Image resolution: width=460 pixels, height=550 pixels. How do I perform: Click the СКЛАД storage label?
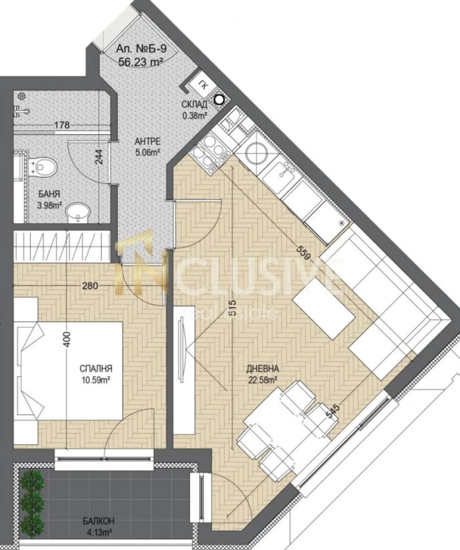tap(194, 104)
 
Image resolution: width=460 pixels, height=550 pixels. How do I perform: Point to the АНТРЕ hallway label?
tap(147, 141)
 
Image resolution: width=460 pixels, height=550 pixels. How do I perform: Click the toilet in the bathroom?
tap(44, 168)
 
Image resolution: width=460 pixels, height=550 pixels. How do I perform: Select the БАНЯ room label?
tap(49, 194)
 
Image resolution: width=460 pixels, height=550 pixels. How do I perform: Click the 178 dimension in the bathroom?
tap(62, 124)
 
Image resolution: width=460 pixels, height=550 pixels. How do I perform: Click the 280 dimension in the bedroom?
tap(90, 286)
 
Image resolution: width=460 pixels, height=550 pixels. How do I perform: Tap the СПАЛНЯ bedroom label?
tap(96, 369)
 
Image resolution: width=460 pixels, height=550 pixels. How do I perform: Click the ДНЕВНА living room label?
tap(262, 369)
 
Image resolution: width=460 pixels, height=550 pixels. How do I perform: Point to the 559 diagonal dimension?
tap(304, 252)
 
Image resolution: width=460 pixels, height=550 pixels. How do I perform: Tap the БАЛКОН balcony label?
tap(98, 521)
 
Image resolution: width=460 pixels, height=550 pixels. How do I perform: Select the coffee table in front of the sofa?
tap(324, 308)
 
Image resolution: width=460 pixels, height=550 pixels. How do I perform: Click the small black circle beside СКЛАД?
tap(220, 100)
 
